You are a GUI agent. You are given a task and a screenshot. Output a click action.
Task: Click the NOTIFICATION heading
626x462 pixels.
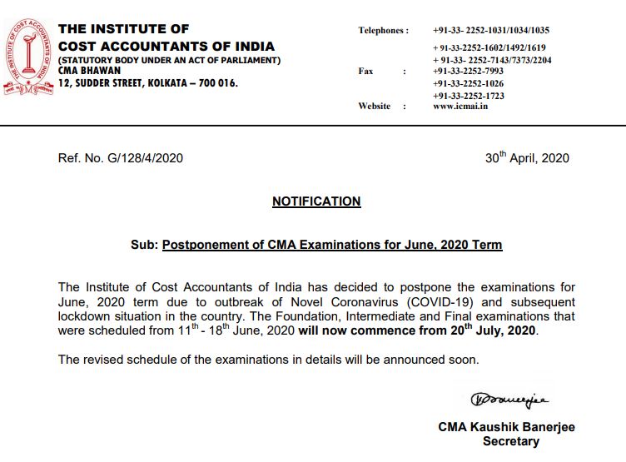[x=316, y=201]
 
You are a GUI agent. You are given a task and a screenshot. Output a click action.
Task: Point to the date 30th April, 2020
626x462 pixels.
[x=527, y=157]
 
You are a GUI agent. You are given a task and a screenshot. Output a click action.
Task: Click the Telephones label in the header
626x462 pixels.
[x=383, y=31]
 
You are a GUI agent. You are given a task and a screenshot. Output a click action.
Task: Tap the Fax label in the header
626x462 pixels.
[x=366, y=72]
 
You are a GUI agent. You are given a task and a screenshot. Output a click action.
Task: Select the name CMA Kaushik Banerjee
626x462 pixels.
[x=506, y=427]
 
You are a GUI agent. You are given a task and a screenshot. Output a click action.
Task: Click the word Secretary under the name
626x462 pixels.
[x=511, y=441]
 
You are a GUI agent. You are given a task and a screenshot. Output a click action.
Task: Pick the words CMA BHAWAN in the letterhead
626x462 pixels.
[x=89, y=71]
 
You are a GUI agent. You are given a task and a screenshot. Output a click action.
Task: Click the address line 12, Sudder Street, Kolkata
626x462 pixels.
[x=148, y=83]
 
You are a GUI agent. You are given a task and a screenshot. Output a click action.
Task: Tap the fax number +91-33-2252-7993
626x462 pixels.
[x=468, y=72]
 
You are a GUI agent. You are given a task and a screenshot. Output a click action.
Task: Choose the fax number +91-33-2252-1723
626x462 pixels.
[x=468, y=96]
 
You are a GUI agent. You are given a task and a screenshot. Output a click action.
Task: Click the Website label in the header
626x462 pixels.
[x=375, y=107]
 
